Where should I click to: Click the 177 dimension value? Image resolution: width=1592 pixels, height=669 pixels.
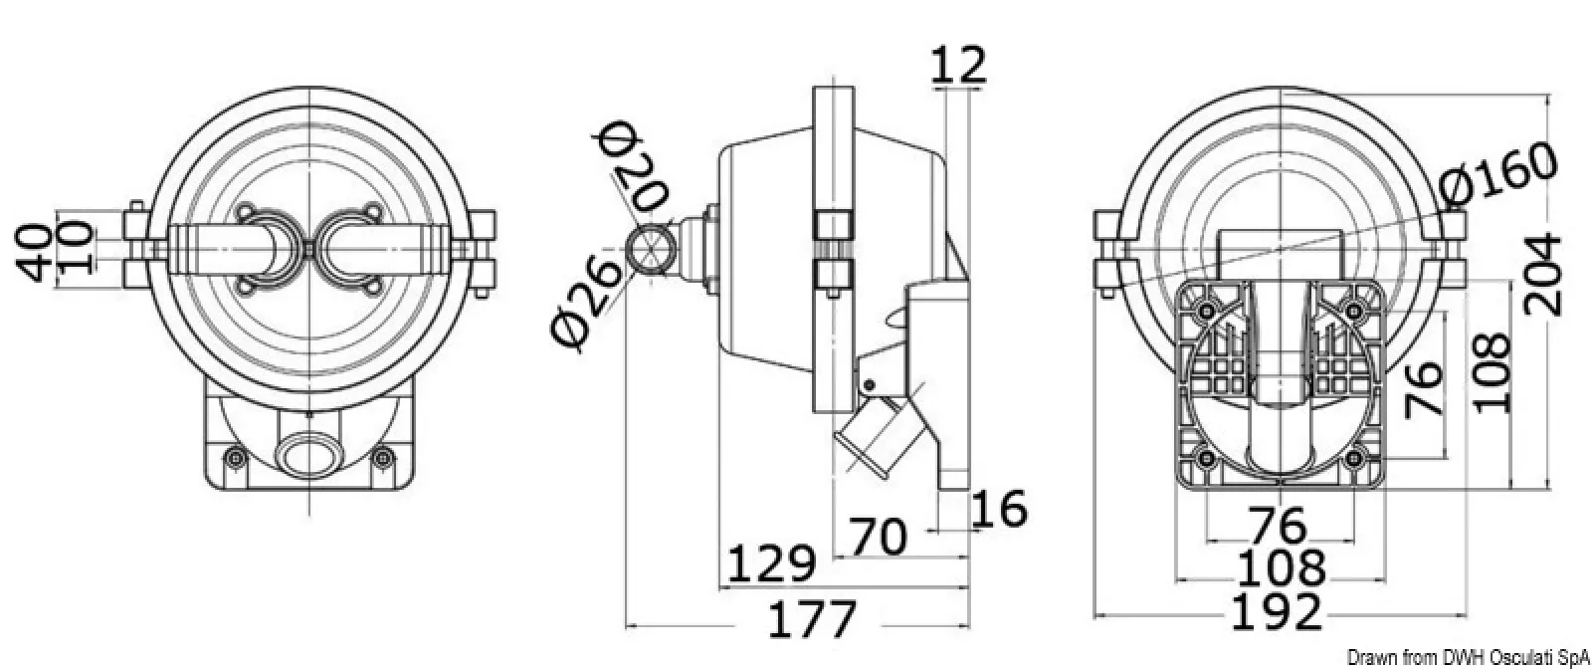pos(812,619)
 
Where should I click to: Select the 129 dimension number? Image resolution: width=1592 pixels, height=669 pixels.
pos(771,563)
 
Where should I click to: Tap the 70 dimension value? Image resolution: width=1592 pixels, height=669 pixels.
pos(879,537)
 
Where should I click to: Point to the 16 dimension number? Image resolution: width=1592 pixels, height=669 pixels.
pos(999,509)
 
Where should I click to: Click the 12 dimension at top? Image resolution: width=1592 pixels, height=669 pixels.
pos(959,65)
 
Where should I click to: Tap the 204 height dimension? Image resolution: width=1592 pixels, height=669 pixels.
pos(1543,275)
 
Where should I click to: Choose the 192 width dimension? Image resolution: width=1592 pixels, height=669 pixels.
pos(1277,612)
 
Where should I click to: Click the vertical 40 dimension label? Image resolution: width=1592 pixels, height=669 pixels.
pos(34,253)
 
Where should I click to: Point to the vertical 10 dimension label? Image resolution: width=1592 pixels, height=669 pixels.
pos(76,248)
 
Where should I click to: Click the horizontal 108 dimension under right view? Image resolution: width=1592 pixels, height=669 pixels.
pos(1282,568)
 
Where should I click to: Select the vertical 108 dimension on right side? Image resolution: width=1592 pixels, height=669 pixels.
pos(1492,372)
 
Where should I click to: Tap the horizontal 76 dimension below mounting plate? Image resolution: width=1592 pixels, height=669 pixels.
pos(1278,526)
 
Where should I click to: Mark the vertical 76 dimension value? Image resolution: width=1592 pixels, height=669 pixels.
pos(1425,389)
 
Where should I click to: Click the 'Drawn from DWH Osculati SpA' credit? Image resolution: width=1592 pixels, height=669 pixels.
pos(1469,656)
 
